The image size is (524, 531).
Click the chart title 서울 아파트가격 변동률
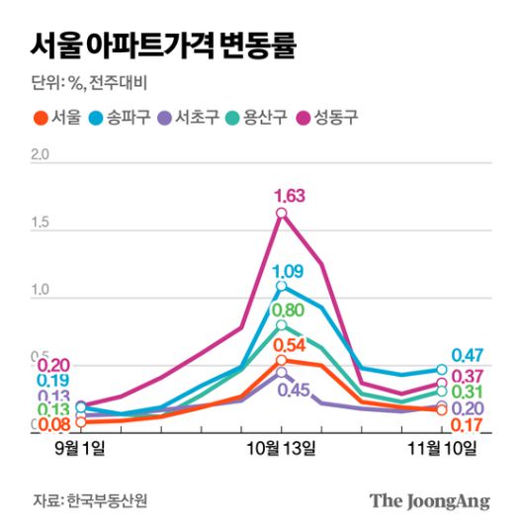pos(164,44)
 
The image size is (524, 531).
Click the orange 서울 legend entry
pos(56,119)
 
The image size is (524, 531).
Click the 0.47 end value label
pos(467,356)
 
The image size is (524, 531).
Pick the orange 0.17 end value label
pos(467,425)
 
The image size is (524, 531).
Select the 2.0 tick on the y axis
pos(40,155)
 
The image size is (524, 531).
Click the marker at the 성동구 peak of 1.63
pos(282,213)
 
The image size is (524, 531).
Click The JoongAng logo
pos(430,501)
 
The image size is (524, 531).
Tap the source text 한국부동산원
pos(107,501)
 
